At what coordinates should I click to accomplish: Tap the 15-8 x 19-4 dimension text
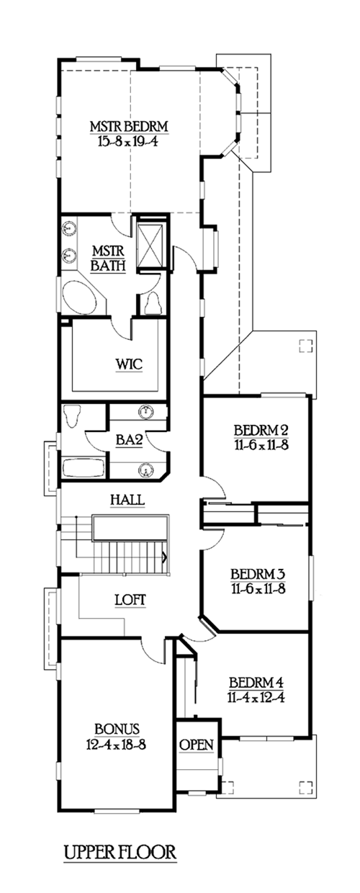point(127,141)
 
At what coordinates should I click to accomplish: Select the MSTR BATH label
point(108,259)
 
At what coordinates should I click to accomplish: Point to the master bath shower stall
point(150,245)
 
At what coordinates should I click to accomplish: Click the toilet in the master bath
point(153,303)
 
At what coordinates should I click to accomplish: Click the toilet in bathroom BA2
point(72,416)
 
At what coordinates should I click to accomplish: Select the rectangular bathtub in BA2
point(84,467)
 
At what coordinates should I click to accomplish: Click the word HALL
point(127,500)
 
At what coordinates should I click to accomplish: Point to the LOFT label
point(130,600)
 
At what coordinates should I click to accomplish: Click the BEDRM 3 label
point(258,574)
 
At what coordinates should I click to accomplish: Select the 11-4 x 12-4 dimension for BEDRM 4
point(256,697)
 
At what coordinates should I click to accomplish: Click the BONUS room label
point(117,729)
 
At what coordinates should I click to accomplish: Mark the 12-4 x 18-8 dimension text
point(116,744)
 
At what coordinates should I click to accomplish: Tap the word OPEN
point(197,745)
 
